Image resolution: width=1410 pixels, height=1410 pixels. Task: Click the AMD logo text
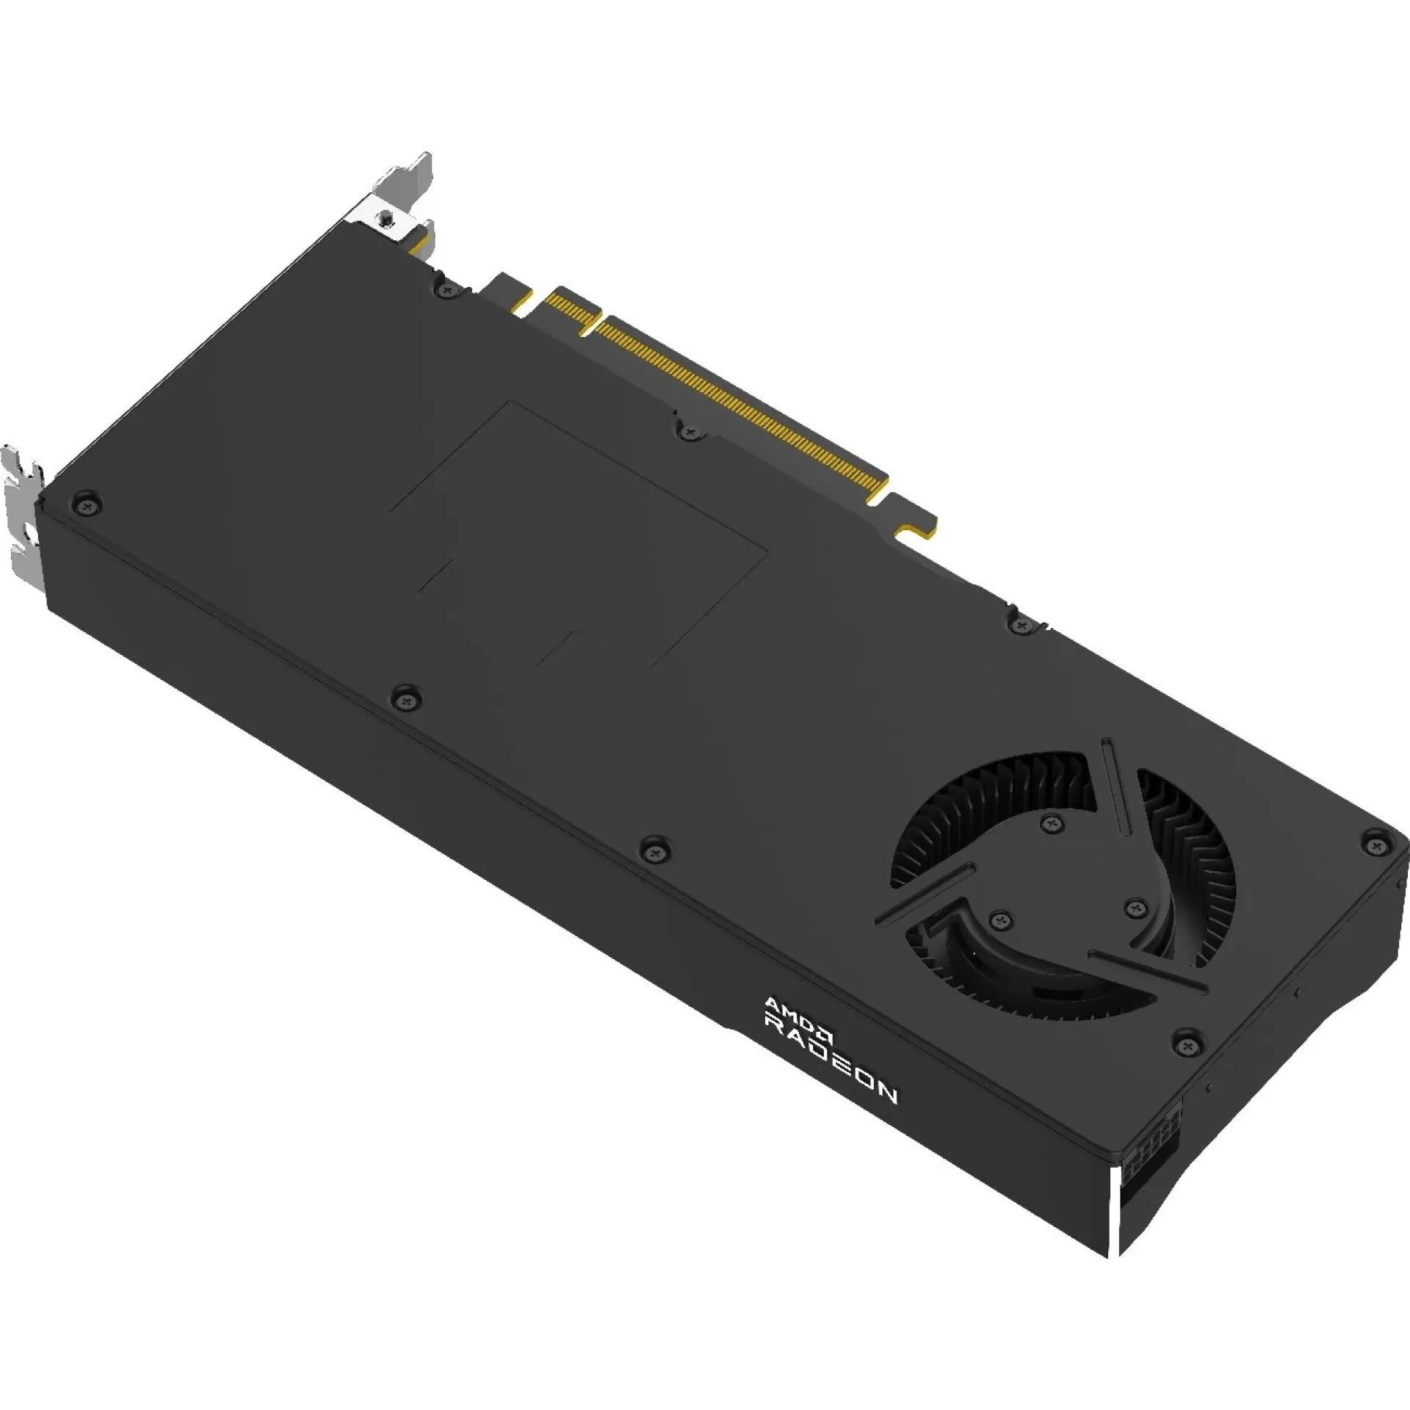(799, 1014)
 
